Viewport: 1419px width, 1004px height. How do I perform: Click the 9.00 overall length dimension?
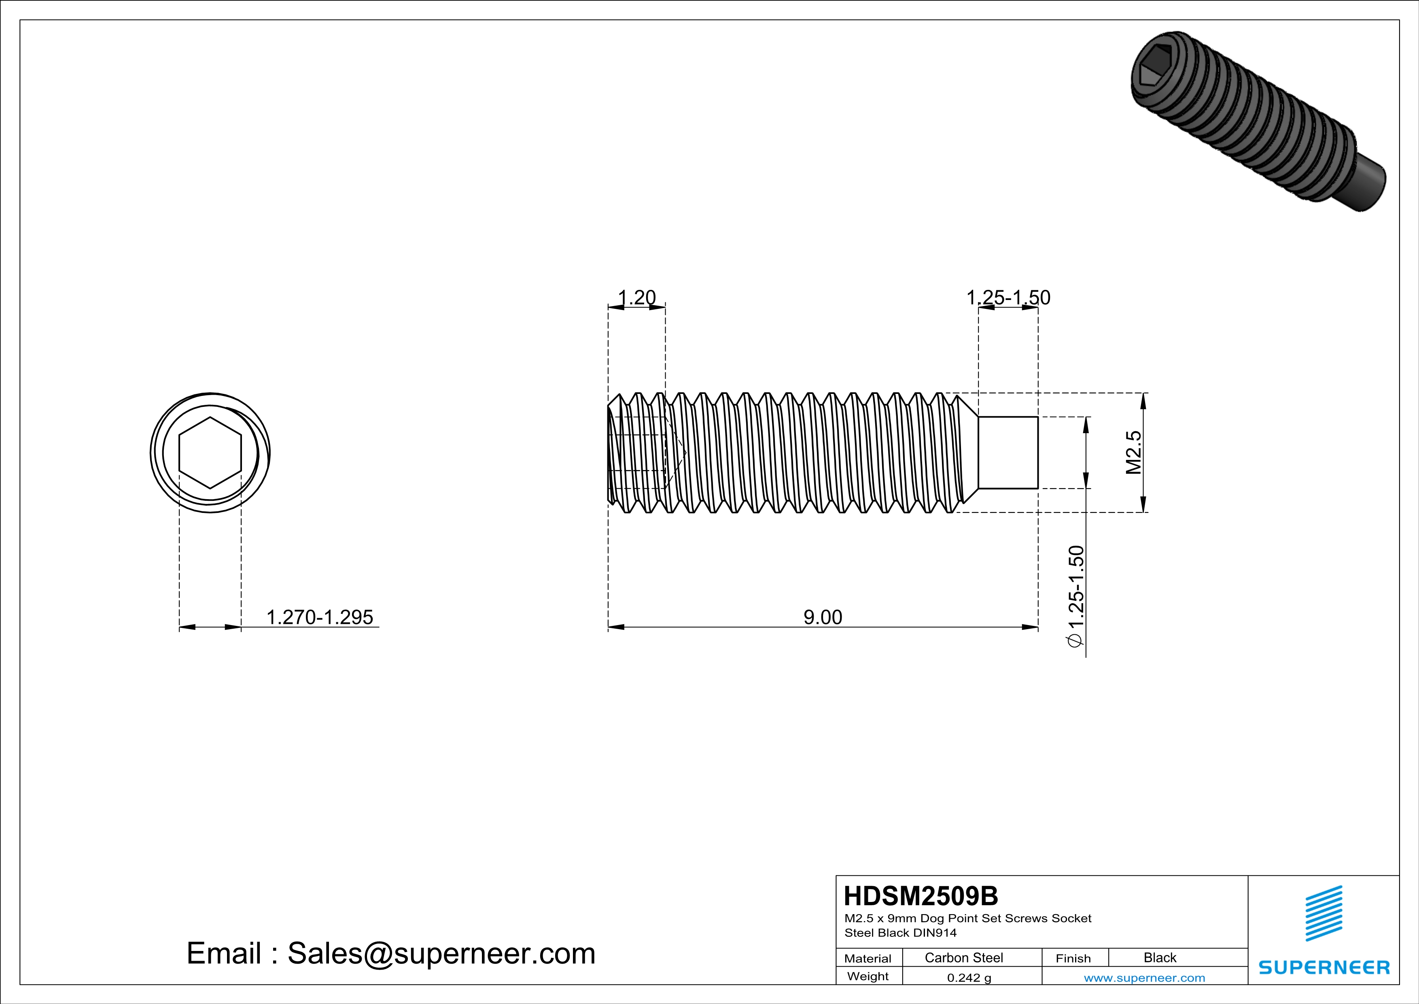point(823,617)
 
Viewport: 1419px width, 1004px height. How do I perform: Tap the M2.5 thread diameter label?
point(1133,453)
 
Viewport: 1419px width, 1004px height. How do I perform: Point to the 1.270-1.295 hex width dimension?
point(320,617)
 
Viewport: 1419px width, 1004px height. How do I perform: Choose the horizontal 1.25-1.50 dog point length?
point(1008,298)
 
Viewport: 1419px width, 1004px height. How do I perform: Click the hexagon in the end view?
point(210,453)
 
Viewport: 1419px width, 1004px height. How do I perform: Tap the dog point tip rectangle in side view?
point(1008,453)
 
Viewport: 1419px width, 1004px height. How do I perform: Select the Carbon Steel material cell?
point(963,957)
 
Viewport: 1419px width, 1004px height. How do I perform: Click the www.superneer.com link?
point(1144,977)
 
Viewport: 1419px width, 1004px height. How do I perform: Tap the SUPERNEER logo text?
point(1324,968)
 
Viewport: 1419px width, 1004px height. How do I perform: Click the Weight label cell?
point(868,976)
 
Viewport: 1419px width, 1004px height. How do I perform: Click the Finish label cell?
point(1073,958)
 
